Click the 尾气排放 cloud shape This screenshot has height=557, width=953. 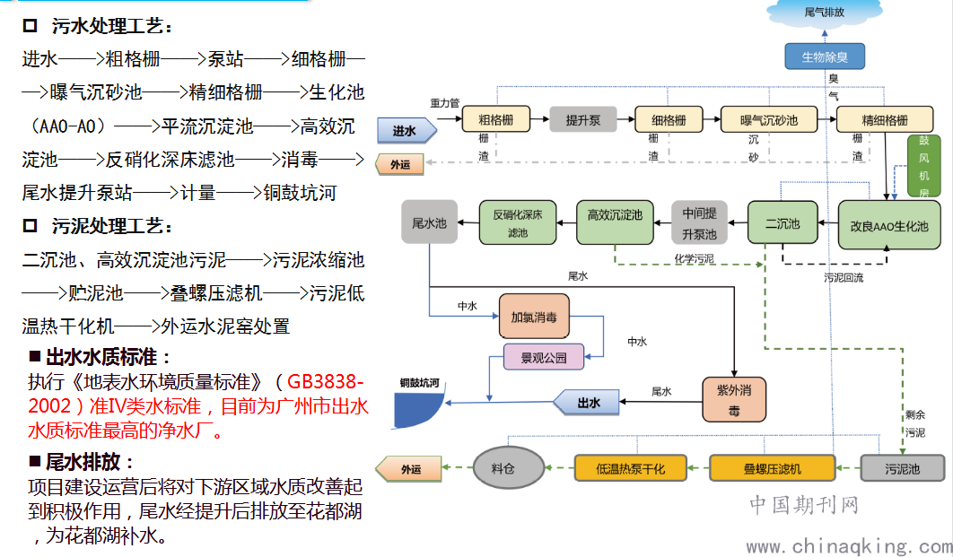824,13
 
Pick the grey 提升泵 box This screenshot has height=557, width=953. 582,120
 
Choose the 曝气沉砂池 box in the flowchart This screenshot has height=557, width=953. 768,120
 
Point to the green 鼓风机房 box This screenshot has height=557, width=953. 923,166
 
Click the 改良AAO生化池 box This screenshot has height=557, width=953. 889,223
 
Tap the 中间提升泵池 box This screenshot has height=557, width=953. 699,223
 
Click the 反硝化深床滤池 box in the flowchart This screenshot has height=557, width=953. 518,223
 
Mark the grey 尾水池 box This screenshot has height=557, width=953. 429,222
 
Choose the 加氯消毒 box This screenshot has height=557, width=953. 534,317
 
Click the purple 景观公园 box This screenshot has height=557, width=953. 543,357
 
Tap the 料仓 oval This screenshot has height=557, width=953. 509,468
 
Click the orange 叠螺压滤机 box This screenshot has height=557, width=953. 772,468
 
